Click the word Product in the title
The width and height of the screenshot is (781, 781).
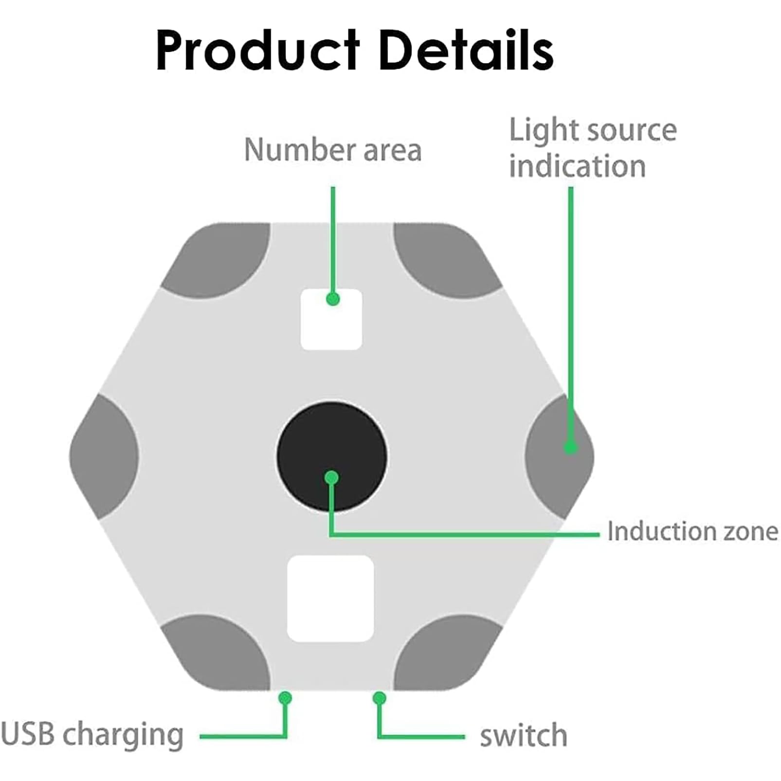[258, 51]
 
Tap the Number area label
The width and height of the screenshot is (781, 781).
[333, 150]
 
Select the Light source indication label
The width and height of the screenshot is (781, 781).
[593, 148]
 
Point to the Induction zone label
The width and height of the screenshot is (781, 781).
[693, 531]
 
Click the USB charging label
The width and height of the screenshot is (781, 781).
[92, 735]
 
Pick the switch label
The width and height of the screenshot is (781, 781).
[524, 735]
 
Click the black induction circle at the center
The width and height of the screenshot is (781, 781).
[332, 456]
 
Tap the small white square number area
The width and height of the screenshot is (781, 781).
[331, 319]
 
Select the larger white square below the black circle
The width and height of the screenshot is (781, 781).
[330, 599]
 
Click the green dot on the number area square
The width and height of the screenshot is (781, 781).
[333, 299]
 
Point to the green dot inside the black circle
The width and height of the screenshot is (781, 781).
[331, 478]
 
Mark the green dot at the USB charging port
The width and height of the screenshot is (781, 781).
[285, 698]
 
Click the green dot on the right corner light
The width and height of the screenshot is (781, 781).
[570, 447]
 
